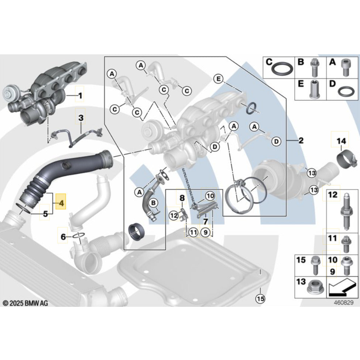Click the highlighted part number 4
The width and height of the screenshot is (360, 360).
coord(61,203)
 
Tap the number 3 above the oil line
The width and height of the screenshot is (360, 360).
coord(80,118)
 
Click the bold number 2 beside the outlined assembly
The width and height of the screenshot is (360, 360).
coord(301,140)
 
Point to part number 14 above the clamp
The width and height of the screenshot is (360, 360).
coord(341,141)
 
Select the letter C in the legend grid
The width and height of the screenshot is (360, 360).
coord(269,62)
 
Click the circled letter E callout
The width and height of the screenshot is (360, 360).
coord(218,79)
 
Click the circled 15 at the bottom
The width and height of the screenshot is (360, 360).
coord(261,299)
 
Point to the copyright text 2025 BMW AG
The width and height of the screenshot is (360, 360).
coord(25,303)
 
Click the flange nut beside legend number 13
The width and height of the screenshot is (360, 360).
coord(315,287)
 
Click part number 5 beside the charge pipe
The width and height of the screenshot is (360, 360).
coord(45,213)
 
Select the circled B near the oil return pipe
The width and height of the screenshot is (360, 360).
coord(154,202)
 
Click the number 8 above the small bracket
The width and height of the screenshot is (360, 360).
coord(182,198)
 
